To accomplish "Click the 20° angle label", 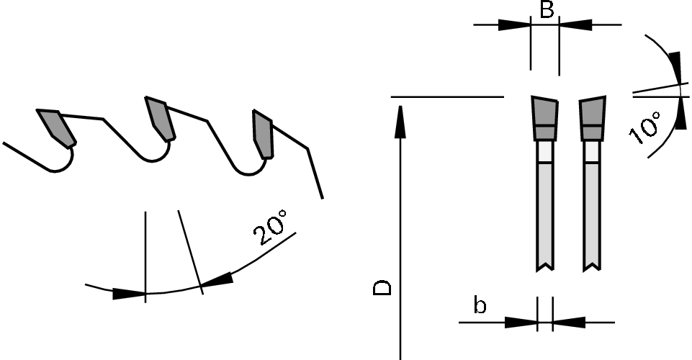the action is click(270, 228).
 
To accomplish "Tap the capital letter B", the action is click(547, 9).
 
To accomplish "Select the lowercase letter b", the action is click(480, 305).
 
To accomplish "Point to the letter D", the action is click(382, 287).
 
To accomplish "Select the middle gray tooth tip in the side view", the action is click(160, 119).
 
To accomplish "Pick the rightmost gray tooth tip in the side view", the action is click(263, 134).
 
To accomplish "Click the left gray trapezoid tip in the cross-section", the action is click(545, 118).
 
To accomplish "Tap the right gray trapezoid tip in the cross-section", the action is click(592, 118).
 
